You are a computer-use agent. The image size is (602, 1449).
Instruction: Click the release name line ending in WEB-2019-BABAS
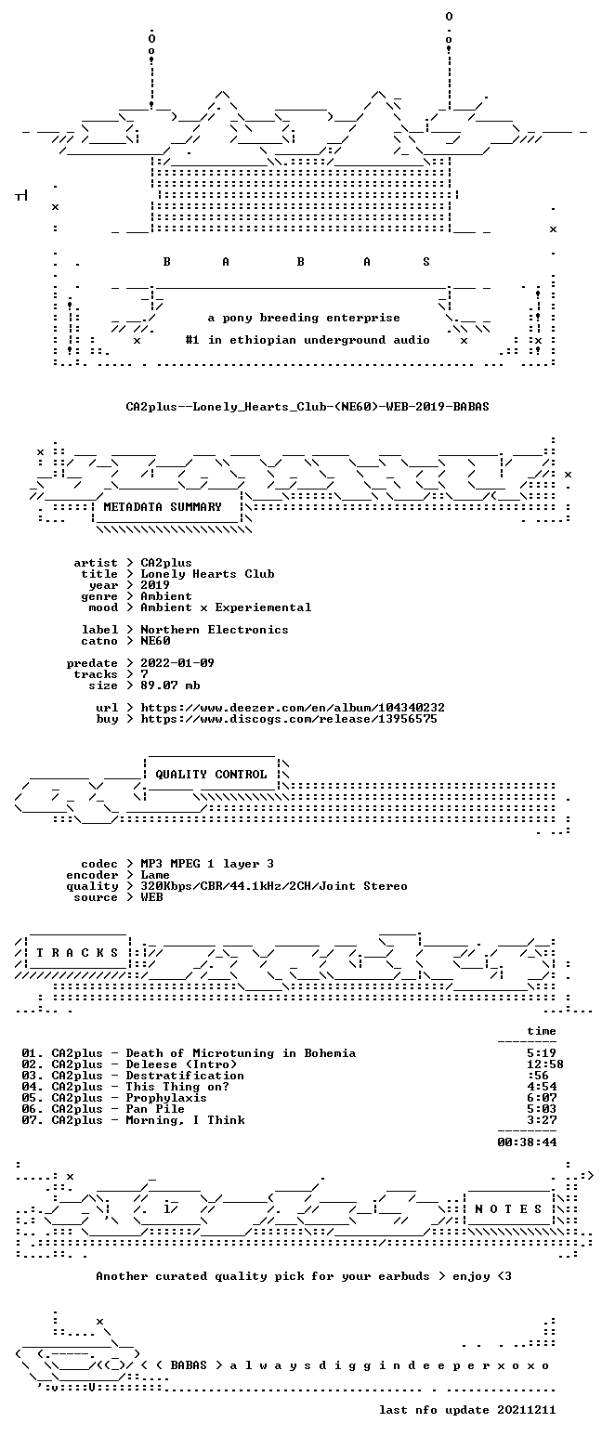click(x=308, y=406)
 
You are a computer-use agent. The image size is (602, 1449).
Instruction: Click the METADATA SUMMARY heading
click(x=163, y=506)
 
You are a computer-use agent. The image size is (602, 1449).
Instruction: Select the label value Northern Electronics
click(x=215, y=630)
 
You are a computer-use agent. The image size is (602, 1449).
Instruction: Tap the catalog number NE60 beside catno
click(x=155, y=641)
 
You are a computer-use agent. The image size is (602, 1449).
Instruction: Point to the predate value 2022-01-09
click(x=177, y=663)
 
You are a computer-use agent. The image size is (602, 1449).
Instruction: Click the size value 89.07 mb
click(x=170, y=685)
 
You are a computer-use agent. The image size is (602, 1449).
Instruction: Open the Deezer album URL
click(x=293, y=708)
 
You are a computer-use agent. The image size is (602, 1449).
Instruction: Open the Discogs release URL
click(x=289, y=719)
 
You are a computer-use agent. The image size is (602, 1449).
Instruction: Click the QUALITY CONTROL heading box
click(x=211, y=775)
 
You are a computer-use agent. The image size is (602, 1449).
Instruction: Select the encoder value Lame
click(x=155, y=875)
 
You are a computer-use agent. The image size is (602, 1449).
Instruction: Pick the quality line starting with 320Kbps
click(x=274, y=886)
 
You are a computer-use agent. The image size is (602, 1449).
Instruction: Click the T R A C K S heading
click(x=78, y=953)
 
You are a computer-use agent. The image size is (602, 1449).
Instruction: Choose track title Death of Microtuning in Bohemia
click(x=241, y=1053)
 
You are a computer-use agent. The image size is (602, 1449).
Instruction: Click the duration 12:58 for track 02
click(x=545, y=1064)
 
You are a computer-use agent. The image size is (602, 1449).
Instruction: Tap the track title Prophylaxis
click(x=166, y=1098)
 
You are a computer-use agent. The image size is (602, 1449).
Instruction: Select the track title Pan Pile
click(x=155, y=1109)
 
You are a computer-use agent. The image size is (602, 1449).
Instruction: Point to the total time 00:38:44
click(x=527, y=1142)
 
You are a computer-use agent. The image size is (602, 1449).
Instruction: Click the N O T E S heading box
click(x=508, y=1208)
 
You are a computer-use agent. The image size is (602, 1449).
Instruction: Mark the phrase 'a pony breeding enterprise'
click(x=304, y=318)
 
